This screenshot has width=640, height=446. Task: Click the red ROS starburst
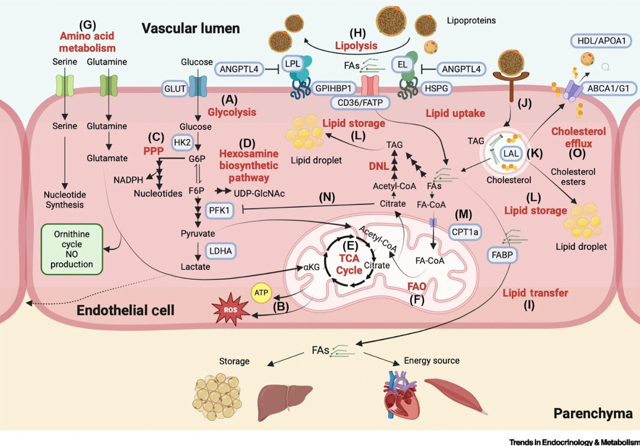(x=230, y=310)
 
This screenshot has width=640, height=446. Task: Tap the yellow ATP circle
(x=261, y=293)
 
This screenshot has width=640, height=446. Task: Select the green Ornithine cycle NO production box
(x=72, y=249)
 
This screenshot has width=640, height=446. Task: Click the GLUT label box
(x=175, y=88)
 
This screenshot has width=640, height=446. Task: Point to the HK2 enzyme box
(x=182, y=142)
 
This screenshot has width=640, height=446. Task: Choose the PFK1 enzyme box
(x=219, y=210)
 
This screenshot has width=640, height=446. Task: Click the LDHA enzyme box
(x=220, y=251)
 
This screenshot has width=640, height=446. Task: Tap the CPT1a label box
(x=465, y=232)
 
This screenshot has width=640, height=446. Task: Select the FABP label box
(x=502, y=255)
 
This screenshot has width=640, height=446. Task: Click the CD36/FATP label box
(x=360, y=102)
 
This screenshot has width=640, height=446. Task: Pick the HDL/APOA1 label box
(x=601, y=41)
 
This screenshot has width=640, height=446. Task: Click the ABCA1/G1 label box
(x=608, y=88)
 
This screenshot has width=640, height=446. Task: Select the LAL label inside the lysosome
(x=511, y=154)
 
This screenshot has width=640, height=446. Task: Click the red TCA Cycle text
(x=349, y=264)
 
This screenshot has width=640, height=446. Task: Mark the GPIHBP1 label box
(x=333, y=88)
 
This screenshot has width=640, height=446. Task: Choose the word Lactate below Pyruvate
(x=195, y=267)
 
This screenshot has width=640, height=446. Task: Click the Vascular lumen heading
(x=190, y=28)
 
